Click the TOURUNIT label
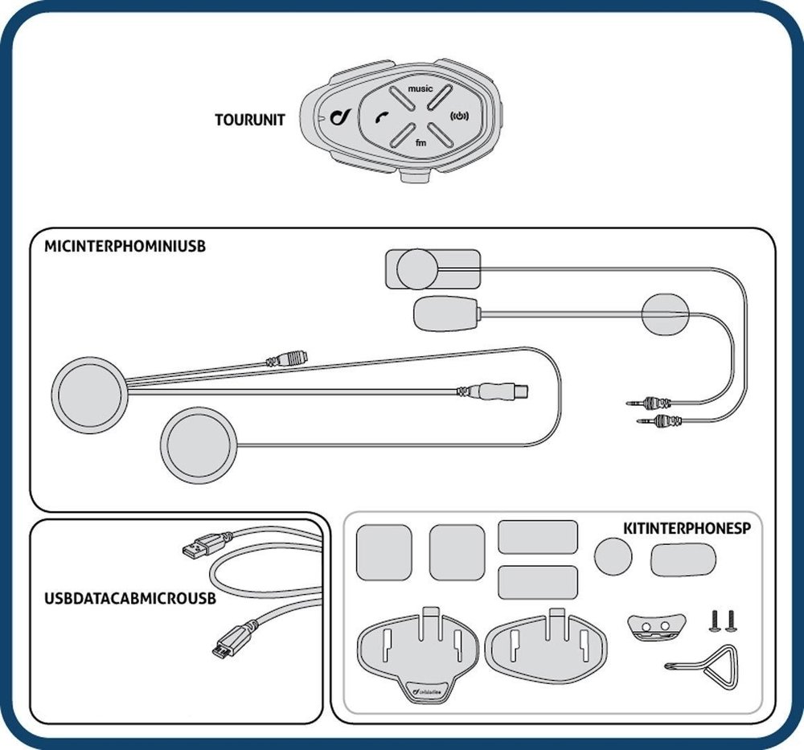pos(249,121)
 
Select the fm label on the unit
pos(420,142)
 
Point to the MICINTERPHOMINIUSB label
pos(125,247)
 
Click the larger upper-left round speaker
pos(88,393)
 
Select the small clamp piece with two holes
pos(654,625)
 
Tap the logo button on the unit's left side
pos(338,117)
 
